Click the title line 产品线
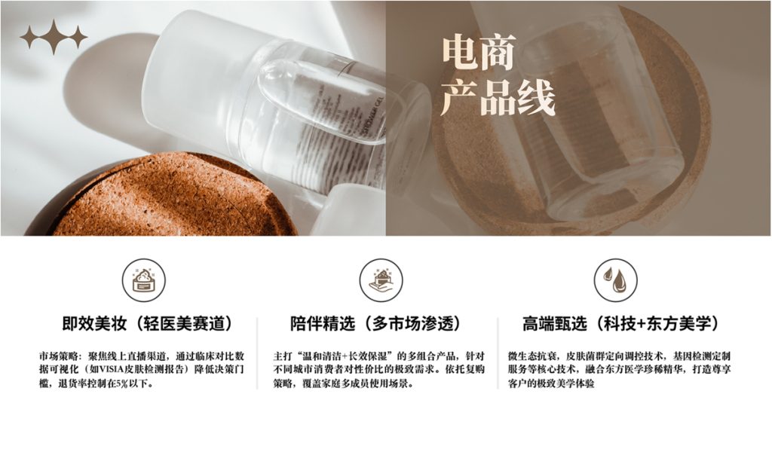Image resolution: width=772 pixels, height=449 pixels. [498, 97]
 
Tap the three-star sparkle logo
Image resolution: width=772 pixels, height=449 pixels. [54, 37]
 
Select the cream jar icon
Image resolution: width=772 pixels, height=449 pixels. [144, 280]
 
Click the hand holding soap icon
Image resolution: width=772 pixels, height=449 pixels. [381, 280]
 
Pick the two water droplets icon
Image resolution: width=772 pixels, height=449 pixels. [615, 280]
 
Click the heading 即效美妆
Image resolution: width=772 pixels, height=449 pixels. [94, 324]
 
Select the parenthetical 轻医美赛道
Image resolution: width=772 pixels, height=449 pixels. [184, 324]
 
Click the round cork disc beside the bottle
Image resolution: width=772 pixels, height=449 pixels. [173, 197]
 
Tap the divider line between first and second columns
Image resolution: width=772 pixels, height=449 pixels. [257, 353]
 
